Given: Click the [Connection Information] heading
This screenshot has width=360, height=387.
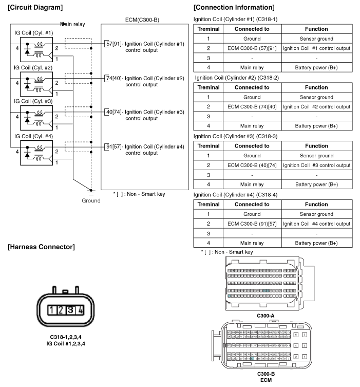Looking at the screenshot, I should pos(234,7).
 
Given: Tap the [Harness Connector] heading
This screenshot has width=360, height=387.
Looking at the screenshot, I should pos(41,247).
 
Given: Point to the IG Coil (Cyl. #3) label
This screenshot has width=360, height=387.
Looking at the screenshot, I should pos(33,101).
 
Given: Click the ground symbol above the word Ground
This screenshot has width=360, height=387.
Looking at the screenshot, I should pos(91,192).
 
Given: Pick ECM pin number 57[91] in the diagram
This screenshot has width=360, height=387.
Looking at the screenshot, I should pos(112,44).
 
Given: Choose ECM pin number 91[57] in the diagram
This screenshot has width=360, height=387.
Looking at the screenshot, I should pos(112,146).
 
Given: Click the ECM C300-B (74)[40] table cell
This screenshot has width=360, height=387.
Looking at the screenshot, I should pos(252,106).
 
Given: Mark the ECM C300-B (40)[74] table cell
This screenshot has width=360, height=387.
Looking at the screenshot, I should pos(252,165).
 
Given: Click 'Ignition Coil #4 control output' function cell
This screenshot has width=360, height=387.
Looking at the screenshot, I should pos(316,224).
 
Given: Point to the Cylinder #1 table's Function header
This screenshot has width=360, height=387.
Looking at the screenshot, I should pos(316,29).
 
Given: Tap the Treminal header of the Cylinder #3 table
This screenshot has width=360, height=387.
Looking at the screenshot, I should pos(208,146).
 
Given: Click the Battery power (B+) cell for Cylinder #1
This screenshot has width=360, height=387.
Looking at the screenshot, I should pos(316,67).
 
